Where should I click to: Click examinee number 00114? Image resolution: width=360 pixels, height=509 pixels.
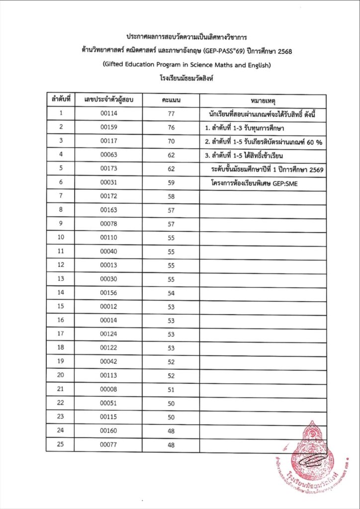pos(108,113)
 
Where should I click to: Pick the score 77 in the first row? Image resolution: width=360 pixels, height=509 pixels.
pos(171,113)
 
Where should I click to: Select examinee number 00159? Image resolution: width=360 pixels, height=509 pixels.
pos(108,127)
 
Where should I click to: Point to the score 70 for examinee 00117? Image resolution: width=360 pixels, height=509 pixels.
pos(171,141)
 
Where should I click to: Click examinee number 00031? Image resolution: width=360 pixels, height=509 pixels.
pos(108,182)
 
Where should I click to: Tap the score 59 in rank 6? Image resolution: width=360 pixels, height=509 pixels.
pos(171,182)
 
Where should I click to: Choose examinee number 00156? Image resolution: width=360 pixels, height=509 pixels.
pos(108,293)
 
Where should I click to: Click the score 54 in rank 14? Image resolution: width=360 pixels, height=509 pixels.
pos(171,293)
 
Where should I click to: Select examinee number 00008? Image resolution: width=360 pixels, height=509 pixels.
pos(108,389)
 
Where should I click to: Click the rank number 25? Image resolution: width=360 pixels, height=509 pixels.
pos(61,444)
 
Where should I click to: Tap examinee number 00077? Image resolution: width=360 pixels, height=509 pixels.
pos(108,444)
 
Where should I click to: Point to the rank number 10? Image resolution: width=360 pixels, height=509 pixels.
pos(61,238)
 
